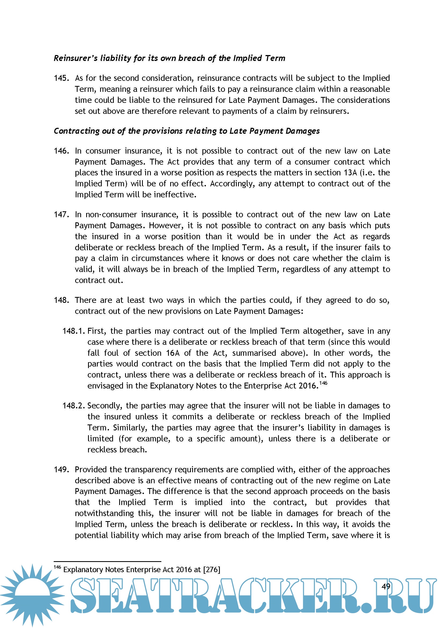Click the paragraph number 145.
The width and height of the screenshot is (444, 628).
coord(61,78)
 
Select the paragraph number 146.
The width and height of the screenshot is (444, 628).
coord(61,151)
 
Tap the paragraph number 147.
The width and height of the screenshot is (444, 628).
coord(61,215)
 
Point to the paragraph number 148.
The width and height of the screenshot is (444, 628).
coord(61,300)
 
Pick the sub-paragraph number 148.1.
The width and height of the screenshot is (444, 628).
coord(74,331)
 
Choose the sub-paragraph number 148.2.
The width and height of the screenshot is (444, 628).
coord(74,406)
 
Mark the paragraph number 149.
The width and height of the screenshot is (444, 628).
coord(61,469)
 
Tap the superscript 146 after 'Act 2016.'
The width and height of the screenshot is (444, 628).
coord(323,383)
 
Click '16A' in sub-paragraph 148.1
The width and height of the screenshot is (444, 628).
coord(173,353)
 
